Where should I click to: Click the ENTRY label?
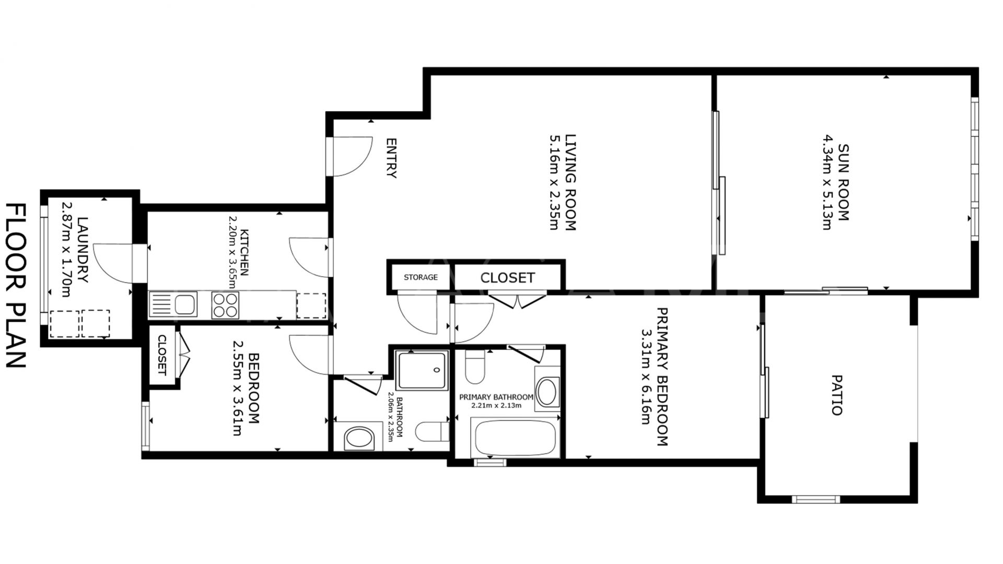391,158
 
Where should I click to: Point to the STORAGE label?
421,277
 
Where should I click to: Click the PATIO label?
837,394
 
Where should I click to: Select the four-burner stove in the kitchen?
225,305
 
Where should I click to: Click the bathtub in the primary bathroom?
514,437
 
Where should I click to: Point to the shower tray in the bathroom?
422,370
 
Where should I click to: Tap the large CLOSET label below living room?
507,278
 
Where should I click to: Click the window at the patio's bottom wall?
815,499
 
